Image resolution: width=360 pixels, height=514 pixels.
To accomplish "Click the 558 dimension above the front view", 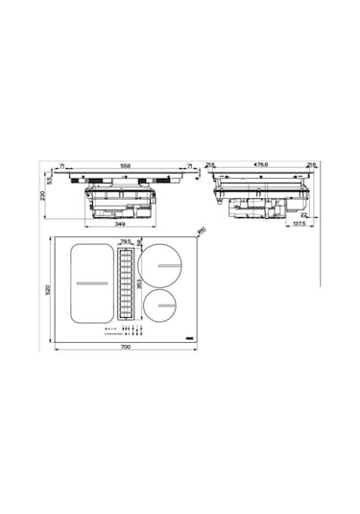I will click(125, 165).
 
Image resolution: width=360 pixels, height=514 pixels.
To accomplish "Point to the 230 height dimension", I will click(41, 195).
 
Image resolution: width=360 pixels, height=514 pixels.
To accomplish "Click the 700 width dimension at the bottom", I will click(126, 348).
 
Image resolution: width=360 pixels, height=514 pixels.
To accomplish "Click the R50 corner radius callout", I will click(202, 231).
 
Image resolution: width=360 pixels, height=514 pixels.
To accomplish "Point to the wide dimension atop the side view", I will click(261, 165).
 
